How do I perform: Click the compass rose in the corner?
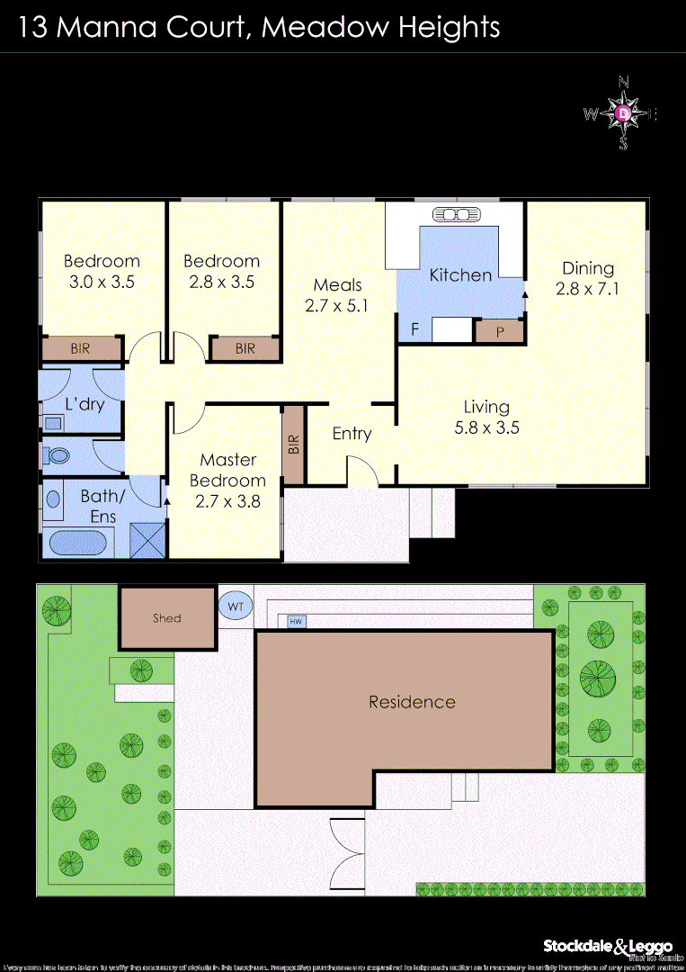(624, 113)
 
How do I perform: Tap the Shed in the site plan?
(168, 617)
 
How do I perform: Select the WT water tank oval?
(236, 607)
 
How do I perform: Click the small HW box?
(295, 621)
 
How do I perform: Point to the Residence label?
(412, 702)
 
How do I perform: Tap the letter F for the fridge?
(414, 329)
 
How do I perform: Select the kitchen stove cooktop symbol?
(457, 214)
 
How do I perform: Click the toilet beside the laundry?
(58, 455)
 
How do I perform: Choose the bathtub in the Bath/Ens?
(77, 543)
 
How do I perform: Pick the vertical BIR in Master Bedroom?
(293, 445)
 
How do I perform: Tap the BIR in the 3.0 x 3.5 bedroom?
(81, 348)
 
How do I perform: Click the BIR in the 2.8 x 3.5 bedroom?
(245, 348)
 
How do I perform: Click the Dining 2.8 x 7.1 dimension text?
(588, 289)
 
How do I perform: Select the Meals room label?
(337, 285)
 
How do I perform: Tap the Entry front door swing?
(361, 472)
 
